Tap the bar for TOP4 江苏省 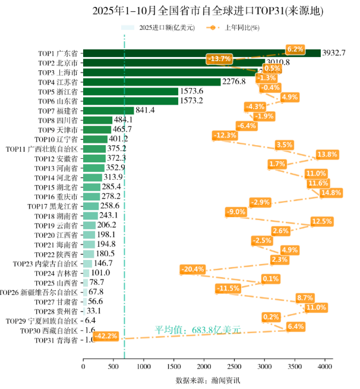(151, 82)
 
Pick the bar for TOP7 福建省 (108, 111)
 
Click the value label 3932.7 (333, 53)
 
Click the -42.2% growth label (106, 336)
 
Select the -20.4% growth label (193, 269)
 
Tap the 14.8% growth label (331, 193)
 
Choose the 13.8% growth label (327, 155)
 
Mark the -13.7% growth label (220, 58)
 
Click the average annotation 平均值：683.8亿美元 (198, 330)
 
